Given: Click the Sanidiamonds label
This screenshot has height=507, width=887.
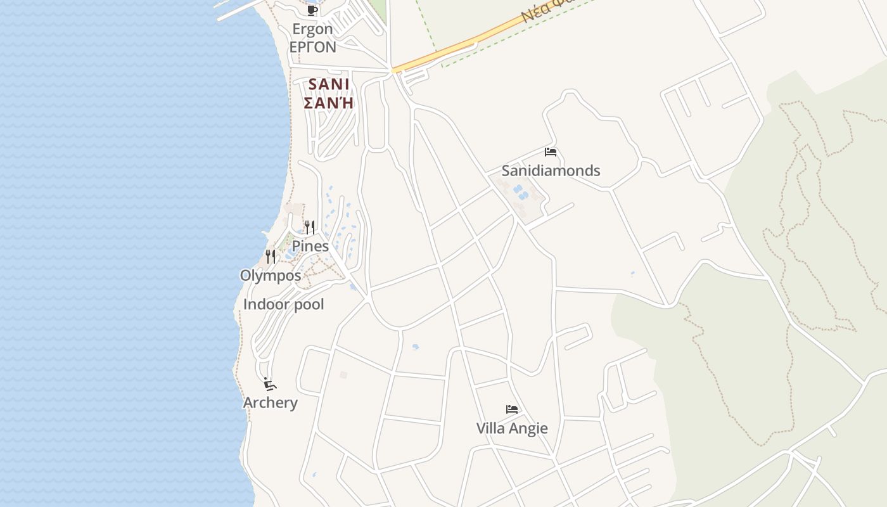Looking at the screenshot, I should click(551, 170).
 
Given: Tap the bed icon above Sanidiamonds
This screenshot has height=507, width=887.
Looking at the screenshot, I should click(550, 152).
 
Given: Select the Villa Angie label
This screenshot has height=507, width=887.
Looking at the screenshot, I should click(512, 428).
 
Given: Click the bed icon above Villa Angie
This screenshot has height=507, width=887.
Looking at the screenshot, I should click(512, 409).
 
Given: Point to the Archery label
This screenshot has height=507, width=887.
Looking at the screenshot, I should click(271, 402).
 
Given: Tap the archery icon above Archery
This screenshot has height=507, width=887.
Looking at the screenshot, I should click(270, 384).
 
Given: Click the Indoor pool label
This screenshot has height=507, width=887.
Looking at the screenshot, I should click(283, 304).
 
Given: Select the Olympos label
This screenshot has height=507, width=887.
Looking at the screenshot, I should click(271, 276).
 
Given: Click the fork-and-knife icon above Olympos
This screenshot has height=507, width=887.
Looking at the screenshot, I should click(271, 257).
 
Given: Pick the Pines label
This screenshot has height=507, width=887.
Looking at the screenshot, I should click(310, 246).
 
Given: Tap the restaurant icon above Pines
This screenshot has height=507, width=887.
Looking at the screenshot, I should click(310, 228).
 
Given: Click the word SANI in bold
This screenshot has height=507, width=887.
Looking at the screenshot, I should click(329, 84).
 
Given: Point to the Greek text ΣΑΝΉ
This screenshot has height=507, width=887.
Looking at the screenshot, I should click(328, 103).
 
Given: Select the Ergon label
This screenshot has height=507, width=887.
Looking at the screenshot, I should click(312, 29).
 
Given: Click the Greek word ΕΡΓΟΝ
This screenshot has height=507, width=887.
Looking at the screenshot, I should click(312, 47).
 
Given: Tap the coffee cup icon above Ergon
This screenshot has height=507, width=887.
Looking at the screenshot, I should click(312, 10).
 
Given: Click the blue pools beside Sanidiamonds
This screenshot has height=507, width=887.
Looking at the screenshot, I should click(520, 192).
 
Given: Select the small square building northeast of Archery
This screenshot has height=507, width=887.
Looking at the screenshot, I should click(343, 375).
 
